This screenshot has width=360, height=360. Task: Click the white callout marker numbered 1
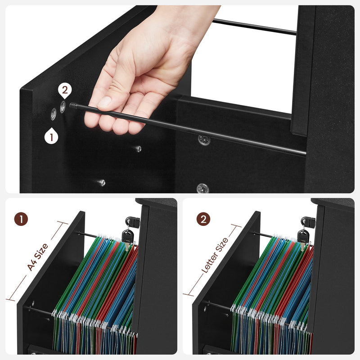51,136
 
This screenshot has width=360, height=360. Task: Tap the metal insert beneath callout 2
63,106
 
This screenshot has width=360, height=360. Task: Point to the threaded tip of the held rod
73,106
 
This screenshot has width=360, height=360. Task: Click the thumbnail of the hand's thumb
104,102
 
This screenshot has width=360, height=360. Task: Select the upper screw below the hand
138,148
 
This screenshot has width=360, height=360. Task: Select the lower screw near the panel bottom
102,182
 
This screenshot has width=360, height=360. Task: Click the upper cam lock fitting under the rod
204,140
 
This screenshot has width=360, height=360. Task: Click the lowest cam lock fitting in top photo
202,188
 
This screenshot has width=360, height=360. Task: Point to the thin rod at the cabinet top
254,27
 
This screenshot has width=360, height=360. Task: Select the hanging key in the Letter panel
303,236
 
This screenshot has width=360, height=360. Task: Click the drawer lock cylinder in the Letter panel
307,221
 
